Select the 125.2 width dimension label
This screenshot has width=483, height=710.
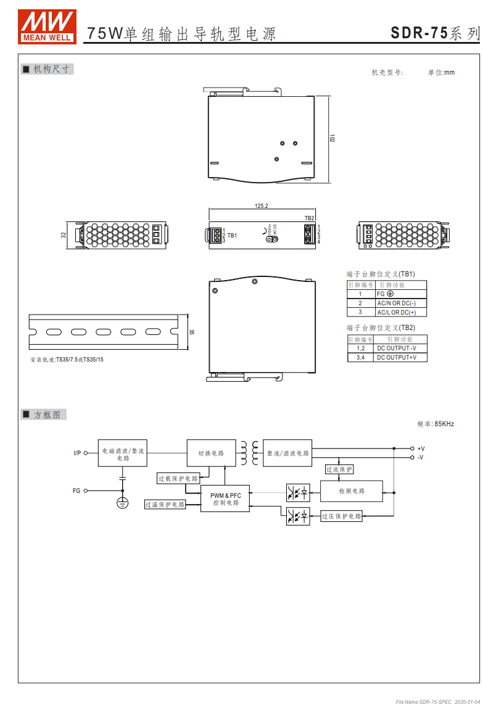261,205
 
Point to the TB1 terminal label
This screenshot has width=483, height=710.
232,236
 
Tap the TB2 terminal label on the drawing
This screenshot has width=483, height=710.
309,218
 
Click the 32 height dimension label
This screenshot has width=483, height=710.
64,235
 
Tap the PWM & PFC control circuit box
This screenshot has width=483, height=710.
225,499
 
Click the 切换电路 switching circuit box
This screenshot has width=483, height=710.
211,453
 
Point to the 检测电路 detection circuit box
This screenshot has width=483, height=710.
352,491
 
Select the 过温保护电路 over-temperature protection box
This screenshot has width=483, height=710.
165,505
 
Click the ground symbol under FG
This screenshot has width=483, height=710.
123,503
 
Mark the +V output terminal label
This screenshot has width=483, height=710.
421,448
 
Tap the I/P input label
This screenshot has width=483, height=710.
77,453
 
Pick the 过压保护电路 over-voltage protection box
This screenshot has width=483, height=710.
342,516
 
